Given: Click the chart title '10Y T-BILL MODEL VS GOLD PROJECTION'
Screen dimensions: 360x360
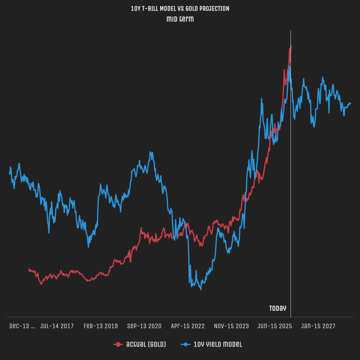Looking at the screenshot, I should tap(180, 9).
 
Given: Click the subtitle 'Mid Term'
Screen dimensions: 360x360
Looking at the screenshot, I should tap(180, 19).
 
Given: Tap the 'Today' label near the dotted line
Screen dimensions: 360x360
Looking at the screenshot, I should tap(277, 308).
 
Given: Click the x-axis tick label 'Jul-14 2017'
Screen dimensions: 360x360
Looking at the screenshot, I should tap(57, 326).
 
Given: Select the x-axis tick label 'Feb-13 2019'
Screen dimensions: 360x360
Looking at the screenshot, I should tap(100, 326).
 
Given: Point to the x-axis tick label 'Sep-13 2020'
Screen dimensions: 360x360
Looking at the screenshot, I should tap(144, 326).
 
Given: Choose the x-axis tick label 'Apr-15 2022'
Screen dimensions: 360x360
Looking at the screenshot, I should tap(188, 326).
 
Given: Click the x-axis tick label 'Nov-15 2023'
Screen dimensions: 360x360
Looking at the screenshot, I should tap(231, 326).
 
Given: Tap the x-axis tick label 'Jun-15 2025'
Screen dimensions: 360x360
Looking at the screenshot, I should tap(275, 326).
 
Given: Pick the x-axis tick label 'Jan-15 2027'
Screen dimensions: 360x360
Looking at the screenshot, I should tap(318, 326).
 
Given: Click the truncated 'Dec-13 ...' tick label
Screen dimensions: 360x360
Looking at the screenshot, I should tap(22, 326).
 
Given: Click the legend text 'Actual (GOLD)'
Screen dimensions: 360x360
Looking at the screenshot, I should tap(146, 344).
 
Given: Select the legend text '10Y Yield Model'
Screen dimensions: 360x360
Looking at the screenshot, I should tap(217, 344).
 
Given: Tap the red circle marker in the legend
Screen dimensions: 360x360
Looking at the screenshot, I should tap(118, 344).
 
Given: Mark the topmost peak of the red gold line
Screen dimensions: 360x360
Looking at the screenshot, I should tap(291, 46).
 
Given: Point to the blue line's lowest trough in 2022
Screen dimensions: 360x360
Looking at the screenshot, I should tap(201, 289).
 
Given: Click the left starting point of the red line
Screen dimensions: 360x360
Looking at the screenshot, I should tap(29, 269).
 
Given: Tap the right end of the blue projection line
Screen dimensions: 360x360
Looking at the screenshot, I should tap(351, 104).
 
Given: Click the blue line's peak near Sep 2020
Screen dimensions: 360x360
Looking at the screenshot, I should tap(150, 152).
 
